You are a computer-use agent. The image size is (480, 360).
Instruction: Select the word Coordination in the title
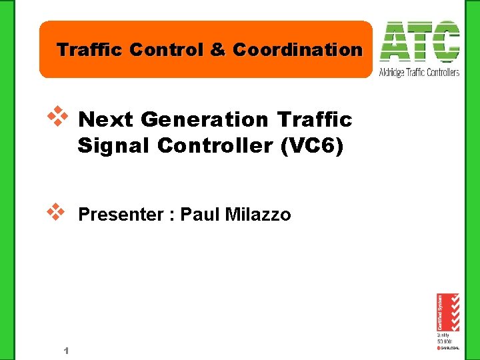pos(297,50)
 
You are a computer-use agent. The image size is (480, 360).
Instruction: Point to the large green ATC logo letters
pos(419,41)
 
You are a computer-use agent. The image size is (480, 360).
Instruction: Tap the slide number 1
pos(67,351)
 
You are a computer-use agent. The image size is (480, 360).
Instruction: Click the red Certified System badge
pos(447,313)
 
